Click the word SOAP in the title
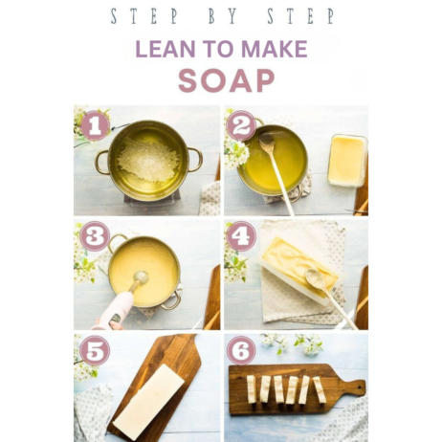[227, 80]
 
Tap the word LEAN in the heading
[166, 49]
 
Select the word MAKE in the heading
[275, 49]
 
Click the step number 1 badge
[95, 125]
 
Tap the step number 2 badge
[241, 125]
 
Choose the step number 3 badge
[95, 236]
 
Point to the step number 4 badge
[241, 236]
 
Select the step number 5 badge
[95, 350]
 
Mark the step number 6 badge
[241, 350]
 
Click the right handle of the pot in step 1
[196, 160]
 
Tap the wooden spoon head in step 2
[267, 143]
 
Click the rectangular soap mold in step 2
[347, 161]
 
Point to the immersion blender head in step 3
[141, 277]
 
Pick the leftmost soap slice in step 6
[252, 390]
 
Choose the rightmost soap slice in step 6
[320, 389]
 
